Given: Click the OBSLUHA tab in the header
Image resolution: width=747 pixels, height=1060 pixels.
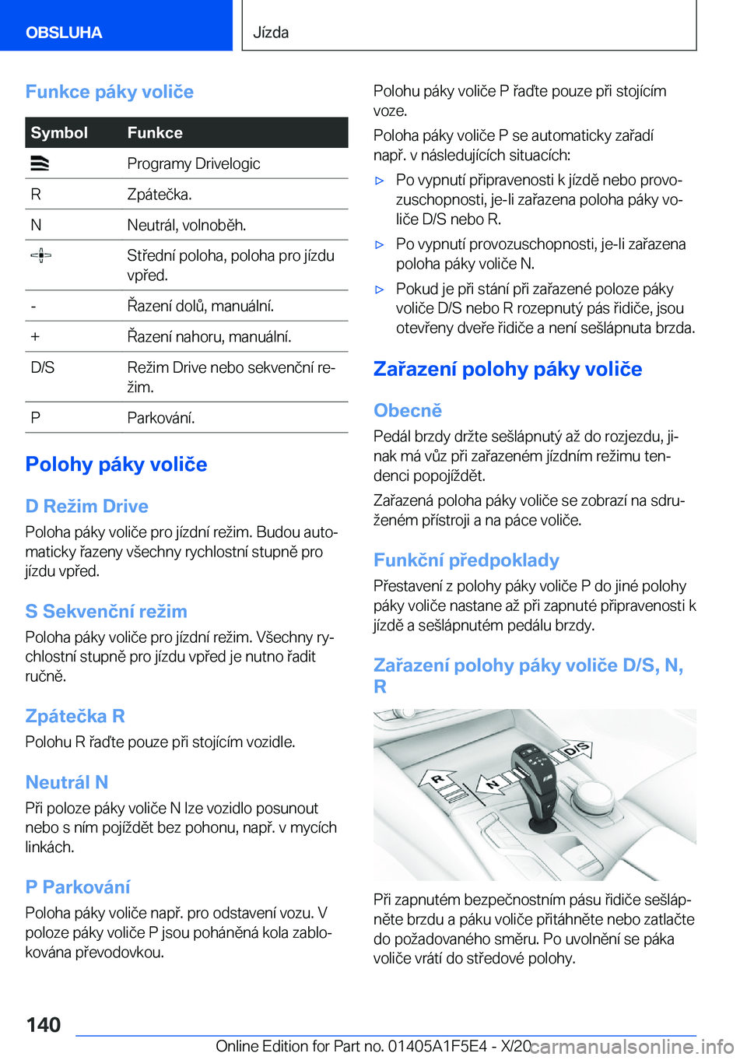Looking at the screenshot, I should [x=64, y=33].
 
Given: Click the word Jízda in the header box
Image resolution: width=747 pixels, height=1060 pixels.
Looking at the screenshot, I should [x=272, y=33].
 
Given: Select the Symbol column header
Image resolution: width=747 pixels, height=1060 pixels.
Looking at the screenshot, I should [x=59, y=133].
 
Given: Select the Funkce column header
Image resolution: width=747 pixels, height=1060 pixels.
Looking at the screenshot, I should [x=155, y=133].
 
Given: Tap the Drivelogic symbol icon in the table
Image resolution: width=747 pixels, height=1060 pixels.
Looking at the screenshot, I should [x=40, y=163].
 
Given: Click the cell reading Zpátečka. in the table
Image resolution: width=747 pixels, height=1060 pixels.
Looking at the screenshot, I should [x=160, y=195].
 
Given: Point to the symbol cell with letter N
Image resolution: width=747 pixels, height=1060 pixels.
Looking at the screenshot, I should [x=36, y=226].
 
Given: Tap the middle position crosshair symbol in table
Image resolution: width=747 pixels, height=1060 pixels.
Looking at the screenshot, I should [x=40, y=255].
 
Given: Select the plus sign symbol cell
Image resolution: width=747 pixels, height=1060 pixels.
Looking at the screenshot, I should [x=35, y=337].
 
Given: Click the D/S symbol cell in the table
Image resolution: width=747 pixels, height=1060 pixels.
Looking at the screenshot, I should [x=43, y=367].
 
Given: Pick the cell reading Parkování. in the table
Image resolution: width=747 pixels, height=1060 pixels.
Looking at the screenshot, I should [x=161, y=418].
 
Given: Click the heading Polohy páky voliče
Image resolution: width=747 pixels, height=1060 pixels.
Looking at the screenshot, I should [x=117, y=465].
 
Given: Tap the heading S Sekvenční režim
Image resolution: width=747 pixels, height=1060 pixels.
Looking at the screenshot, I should [x=107, y=612].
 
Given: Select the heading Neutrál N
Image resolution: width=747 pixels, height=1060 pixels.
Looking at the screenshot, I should [x=67, y=782].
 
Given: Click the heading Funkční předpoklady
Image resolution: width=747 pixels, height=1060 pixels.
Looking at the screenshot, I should [x=466, y=560].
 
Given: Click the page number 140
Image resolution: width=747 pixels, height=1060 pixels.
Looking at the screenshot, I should [x=44, y=1025].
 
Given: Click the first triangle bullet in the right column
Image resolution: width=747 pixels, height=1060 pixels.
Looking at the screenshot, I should [x=380, y=181].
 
